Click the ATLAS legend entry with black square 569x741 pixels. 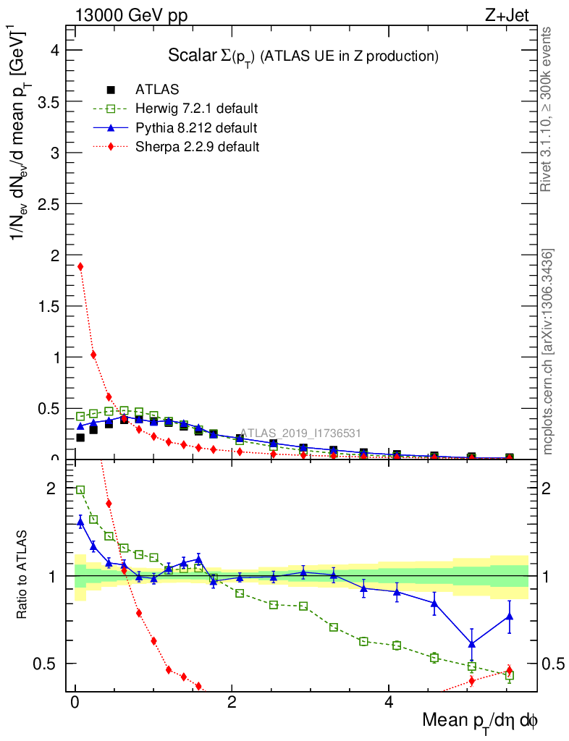tap(157, 90)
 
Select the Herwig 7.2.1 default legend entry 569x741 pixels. tap(196, 109)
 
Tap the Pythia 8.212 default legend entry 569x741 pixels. tap(195, 128)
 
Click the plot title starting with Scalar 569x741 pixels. tap(303, 56)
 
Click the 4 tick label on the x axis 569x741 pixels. tap(389, 702)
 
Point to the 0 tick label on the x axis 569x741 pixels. tap(75, 702)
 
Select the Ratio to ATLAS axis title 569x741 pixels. tap(22, 575)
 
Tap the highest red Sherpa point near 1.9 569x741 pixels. tap(80, 266)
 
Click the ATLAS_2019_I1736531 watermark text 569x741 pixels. tap(300, 433)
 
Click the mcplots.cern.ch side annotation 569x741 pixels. tap(548, 352)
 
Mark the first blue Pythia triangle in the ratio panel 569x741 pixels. tap(80, 521)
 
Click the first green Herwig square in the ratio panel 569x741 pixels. tap(80, 490)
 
